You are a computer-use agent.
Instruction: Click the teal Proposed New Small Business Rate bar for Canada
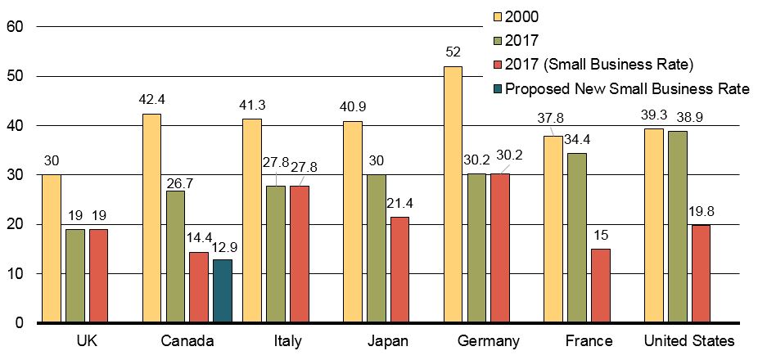(x=223, y=291)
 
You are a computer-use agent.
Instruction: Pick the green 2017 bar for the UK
(x=74, y=276)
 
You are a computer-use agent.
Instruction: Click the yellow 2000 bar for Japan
(x=353, y=222)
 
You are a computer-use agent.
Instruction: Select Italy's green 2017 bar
(x=276, y=254)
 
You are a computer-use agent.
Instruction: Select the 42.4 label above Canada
(x=153, y=101)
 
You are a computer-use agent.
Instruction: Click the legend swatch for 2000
(x=496, y=16)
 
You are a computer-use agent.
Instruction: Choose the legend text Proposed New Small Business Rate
(x=627, y=89)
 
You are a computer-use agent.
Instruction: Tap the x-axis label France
(x=588, y=341)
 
